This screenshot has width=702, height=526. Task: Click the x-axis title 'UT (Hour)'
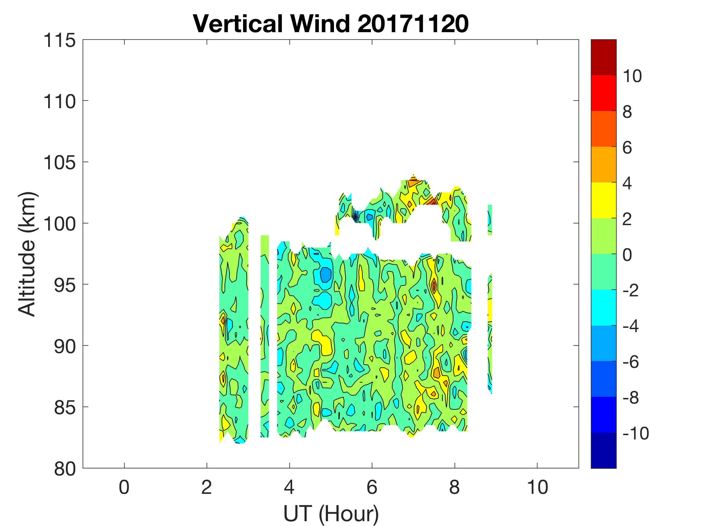coord(331,514)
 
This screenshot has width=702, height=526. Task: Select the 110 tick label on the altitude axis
coord(60,102)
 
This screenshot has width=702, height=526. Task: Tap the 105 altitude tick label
coord(60,163)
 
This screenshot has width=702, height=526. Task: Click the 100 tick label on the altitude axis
coord(60,224)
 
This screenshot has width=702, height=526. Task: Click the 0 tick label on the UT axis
coord(124,487)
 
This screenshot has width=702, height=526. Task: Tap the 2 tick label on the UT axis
coord(207,487)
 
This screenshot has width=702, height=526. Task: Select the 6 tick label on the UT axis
coord(372,487)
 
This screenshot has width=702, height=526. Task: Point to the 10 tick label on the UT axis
coord(537,487)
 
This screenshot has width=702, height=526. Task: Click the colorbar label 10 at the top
coord(632,76)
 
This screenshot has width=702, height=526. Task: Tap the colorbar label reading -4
coord(631,326)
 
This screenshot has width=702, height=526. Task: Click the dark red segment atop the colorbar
coord(603,57)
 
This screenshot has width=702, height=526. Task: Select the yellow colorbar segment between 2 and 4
coord(603,200)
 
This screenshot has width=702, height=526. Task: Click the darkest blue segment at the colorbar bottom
coord(603,450)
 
